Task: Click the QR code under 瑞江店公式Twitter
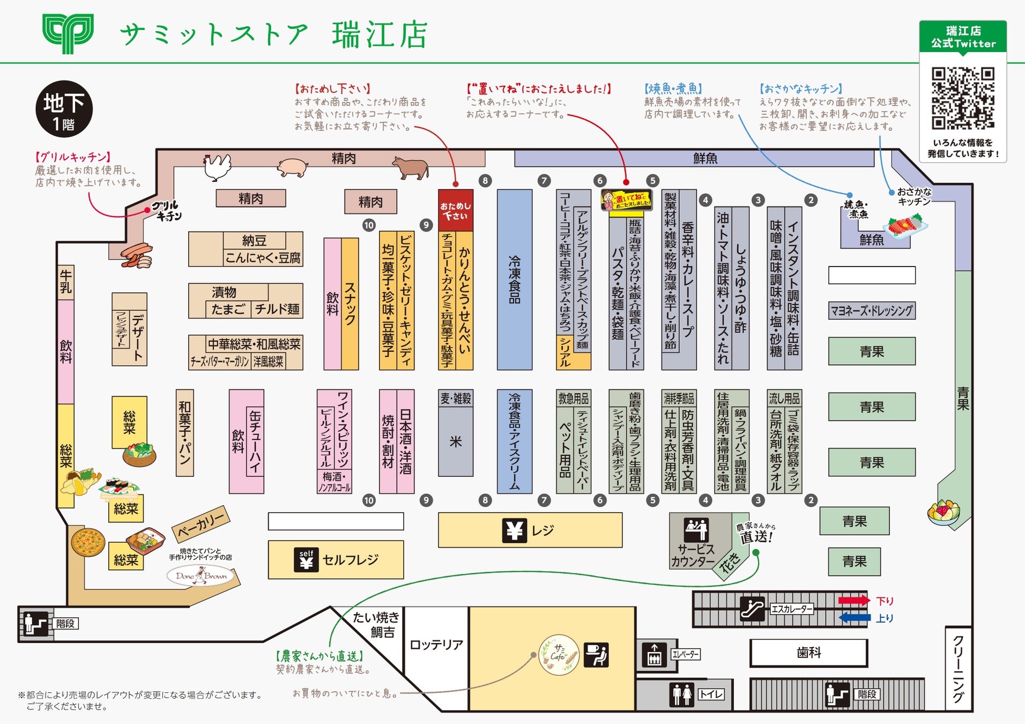tap(963, 98)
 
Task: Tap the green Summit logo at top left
tap(68, 33)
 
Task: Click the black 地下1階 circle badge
tap(64, 109)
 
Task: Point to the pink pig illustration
tap(292, 167)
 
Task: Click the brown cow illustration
tap(411, 167)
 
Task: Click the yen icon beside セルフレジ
tap(307, 560)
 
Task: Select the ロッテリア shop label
tap(436, 645)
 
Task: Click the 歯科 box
tap(808, 653)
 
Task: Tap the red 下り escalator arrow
tap(854, 600)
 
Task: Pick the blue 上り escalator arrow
tap(855, 618)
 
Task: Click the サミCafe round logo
tap(559, 655)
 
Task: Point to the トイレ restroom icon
tap(682, 695)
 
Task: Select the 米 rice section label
tap(456, 441)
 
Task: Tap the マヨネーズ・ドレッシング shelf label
tap(872, 311)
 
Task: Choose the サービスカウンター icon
tap(696, 530)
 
